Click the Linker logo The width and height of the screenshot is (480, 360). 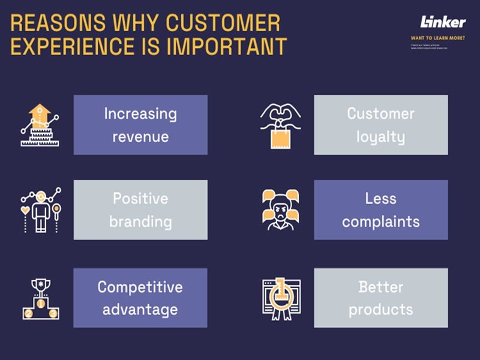click(443, 22)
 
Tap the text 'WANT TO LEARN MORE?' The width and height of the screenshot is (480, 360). click(437, 38)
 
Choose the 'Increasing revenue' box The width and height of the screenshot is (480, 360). click(140, 125)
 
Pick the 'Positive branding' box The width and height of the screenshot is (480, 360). click(140, 210)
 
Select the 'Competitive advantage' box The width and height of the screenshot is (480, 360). click(140, 298)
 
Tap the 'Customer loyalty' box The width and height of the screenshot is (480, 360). click(380, 125)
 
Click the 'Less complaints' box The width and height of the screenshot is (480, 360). click(380, 210)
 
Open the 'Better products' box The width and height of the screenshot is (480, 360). click(380, 298)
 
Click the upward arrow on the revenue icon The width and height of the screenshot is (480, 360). click(40, 112)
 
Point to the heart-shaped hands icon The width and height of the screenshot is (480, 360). click(280, 114)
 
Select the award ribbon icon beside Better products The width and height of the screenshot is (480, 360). click(280, 298)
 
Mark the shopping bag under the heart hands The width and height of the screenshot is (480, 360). click(280, 137)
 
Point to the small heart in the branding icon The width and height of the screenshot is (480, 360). click(26, 210)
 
